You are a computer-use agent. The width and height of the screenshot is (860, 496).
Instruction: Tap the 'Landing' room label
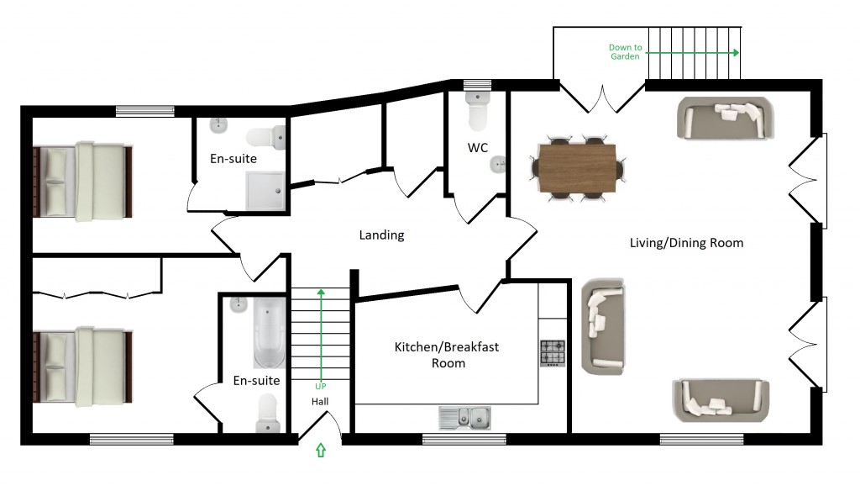(381, 235)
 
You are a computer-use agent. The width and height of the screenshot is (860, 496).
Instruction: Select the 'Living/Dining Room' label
(686, 243)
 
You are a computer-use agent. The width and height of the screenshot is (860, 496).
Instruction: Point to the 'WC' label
(478, 148)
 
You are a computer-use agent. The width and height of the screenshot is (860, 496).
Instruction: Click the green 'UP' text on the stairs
(320, 386)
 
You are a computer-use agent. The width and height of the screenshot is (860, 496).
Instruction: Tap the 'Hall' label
(320, 402)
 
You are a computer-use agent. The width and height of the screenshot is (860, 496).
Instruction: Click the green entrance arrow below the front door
(320, 451)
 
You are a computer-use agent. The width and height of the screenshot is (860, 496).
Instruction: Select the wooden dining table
(578, 167)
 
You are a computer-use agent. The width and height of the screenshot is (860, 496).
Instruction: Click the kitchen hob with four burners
(553, 352)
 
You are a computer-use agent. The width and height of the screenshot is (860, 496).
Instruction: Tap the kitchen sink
(464, 416)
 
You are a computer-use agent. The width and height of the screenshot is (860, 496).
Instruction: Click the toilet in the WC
(477, 113)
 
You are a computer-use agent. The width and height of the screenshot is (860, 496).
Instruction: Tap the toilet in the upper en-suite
(269, 135)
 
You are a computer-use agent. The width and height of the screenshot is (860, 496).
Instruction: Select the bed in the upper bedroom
(82, 180)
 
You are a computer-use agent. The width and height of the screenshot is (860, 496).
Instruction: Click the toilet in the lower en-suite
(267, 412)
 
